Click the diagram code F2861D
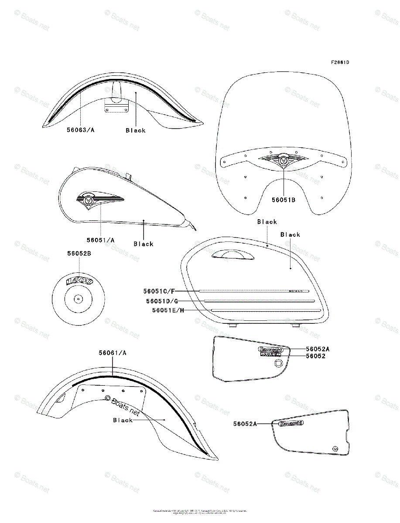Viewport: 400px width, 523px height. [x=339, y=62]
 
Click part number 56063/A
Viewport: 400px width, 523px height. [x=81, y=130]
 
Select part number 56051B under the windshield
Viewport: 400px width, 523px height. [x=284, y=200]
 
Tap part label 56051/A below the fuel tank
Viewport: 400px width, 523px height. [x=100, y=240]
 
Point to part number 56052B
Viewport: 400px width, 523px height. [x=79, y=253]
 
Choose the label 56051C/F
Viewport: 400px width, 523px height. [x=159, y=291]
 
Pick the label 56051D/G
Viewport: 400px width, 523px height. [x=162, y=301]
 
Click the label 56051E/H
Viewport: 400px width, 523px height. [x=168, y=310]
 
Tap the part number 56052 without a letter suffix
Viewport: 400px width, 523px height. [x=315, y=356]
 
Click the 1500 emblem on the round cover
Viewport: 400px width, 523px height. [x=79, y=281]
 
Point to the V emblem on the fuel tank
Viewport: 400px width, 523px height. [x=89, y=200]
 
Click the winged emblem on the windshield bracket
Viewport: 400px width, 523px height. [x=284, y=161]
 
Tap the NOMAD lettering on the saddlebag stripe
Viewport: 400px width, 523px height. [x=297, y=291]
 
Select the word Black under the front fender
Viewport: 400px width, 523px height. [x=136, y=130]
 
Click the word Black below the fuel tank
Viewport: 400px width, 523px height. [x=144, y=244]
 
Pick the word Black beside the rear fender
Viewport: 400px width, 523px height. [x=123, y=420]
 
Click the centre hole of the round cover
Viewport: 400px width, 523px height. [x=78, y=299]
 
